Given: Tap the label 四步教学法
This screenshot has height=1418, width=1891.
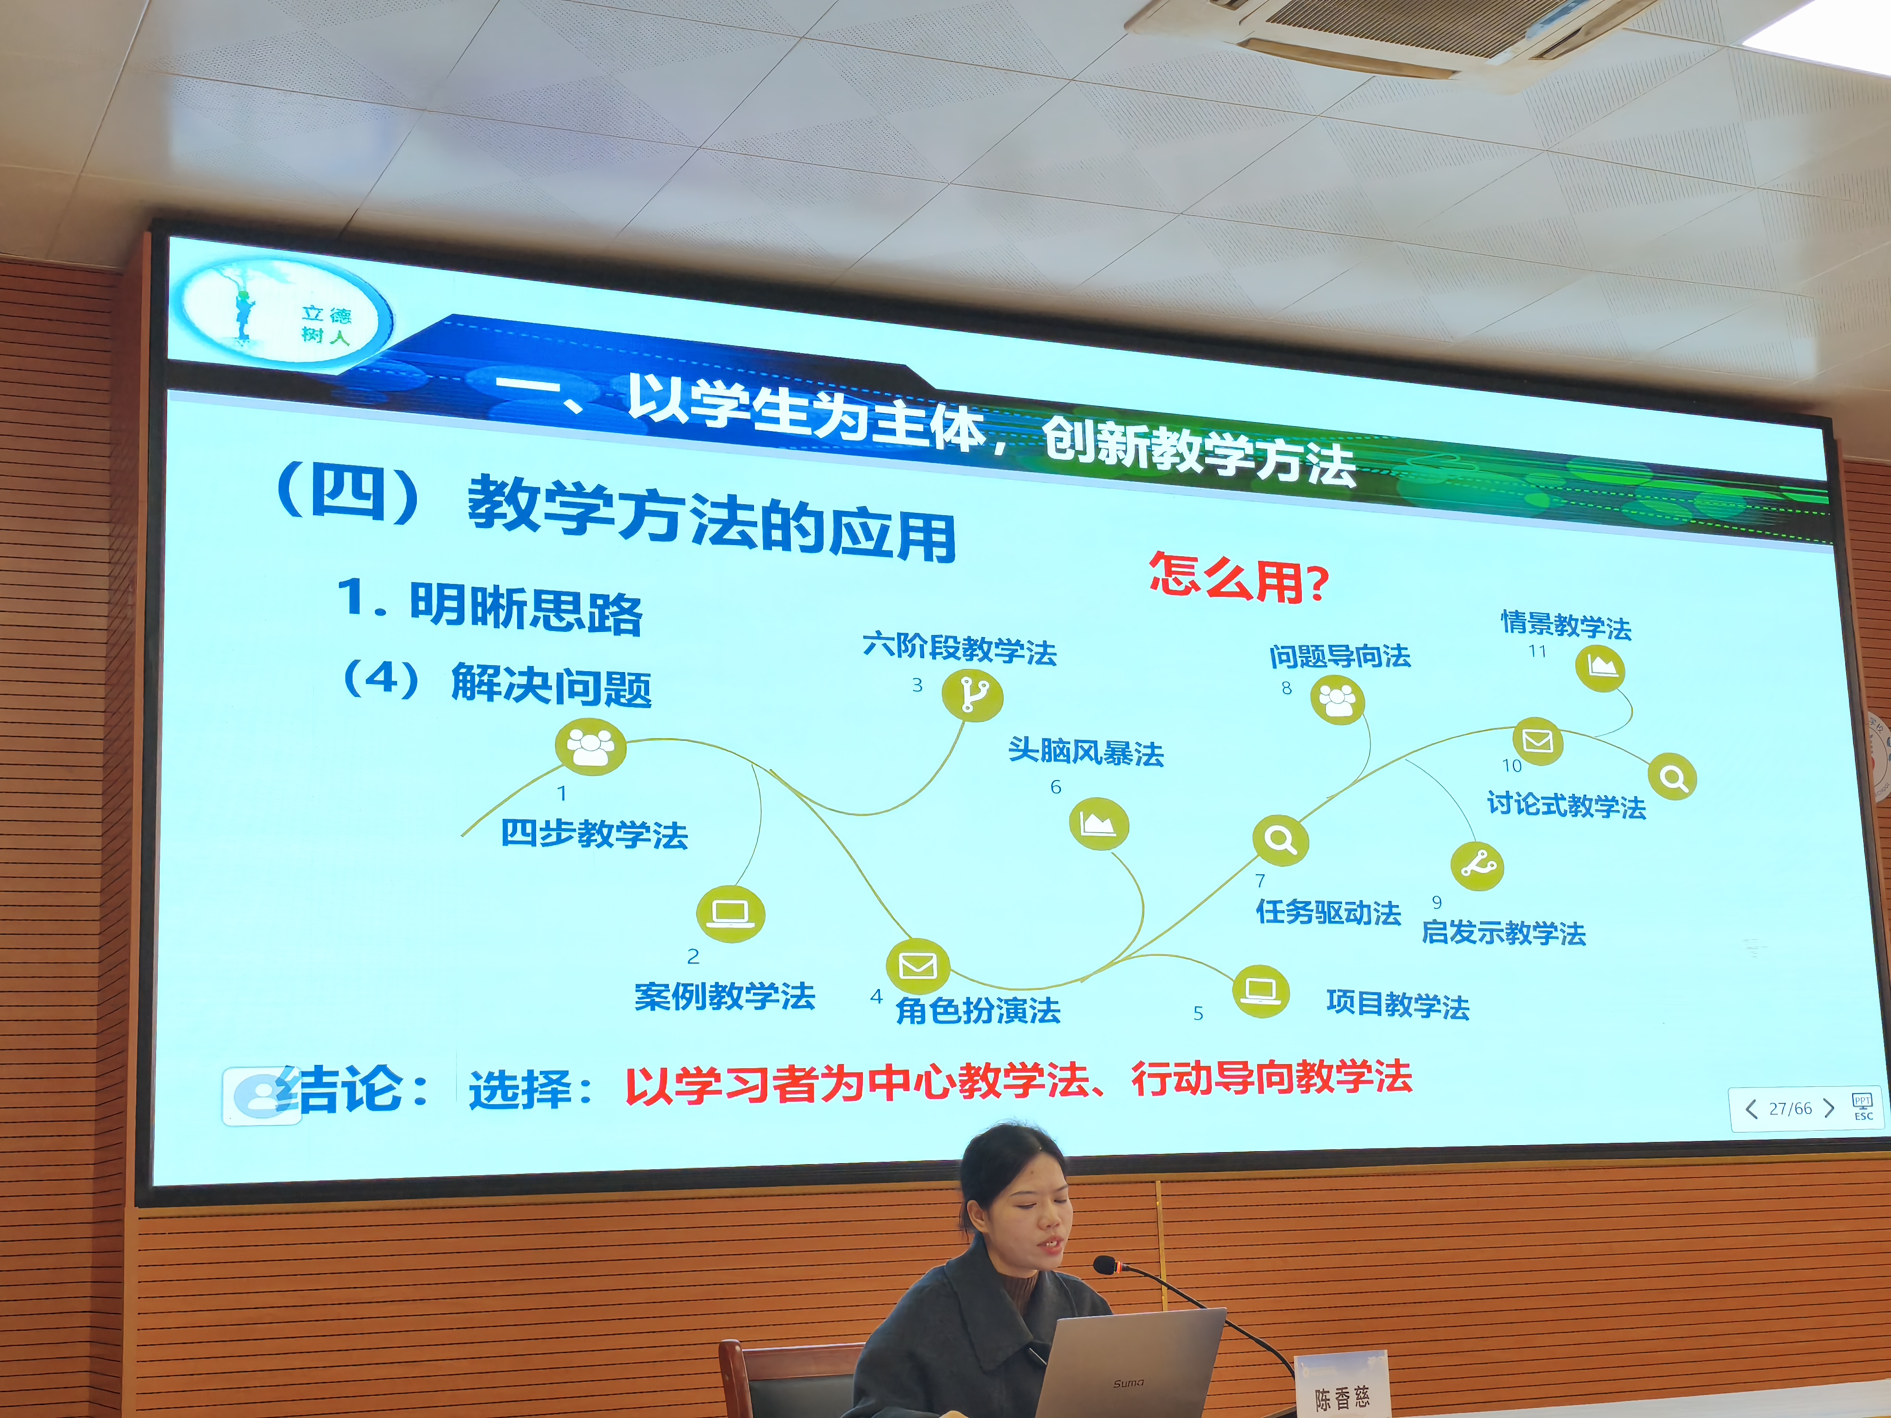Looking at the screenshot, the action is click(594, 833).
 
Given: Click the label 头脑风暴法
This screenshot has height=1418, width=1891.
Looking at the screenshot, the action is click(1086, 751).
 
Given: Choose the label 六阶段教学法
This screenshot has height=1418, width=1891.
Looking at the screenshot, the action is click(959, 648).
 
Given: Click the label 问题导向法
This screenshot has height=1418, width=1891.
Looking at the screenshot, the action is click(1340, 655).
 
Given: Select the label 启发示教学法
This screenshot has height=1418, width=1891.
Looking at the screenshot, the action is click(1504, 931).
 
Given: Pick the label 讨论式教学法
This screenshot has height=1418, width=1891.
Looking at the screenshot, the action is click(1566, 804).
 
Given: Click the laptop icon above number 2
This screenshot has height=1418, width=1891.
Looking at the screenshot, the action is click(731, 913).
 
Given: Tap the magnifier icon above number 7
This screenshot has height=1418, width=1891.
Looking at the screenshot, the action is click(1280, 839).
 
